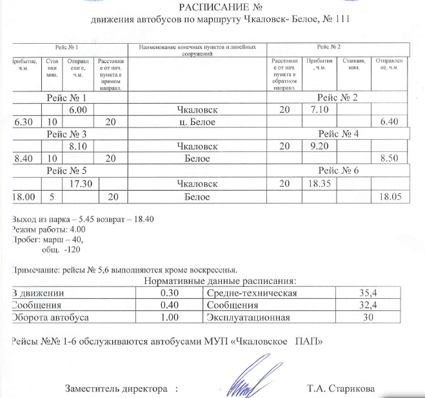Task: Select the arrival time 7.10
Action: click(319, 110)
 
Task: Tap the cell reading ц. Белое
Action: click(199, 122)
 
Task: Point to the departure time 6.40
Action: click(391, 122)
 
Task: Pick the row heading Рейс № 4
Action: click(338, 134)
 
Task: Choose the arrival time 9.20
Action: click(319, 146)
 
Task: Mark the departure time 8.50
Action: click(391, 158)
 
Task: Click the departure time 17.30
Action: click(79, 183)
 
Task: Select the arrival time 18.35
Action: click(319, 183)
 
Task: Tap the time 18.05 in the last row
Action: click(391, 195)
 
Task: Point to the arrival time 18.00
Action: click(25, 195)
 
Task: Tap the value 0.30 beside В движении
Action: click(169, 294)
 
